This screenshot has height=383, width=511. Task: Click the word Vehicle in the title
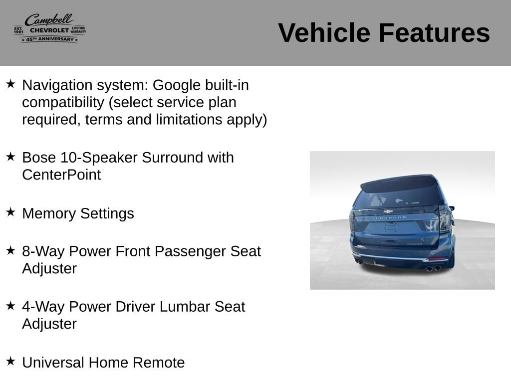coord(324,33)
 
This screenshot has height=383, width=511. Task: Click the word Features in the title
coord(434,33)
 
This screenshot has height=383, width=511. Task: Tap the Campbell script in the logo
coord(49,19)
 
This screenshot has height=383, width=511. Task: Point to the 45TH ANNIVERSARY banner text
coord(50,39)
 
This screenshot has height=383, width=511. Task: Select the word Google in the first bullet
coord(177,86)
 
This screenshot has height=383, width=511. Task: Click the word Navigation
coord(57,86)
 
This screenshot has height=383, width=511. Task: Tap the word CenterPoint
coord(61,175)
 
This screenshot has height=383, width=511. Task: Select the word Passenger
coord(190,252)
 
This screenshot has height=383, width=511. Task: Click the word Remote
coord(159,363)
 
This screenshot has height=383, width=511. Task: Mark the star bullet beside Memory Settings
coord(10,212)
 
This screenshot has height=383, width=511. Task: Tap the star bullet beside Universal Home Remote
coord(10,361)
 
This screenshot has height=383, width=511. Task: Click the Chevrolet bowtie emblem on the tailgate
coord(388,211)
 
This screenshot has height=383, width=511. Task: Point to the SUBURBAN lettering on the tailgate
coord(389,217)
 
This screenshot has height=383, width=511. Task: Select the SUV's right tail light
coord(444,218)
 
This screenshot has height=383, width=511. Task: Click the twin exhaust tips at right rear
coord(434,268)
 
